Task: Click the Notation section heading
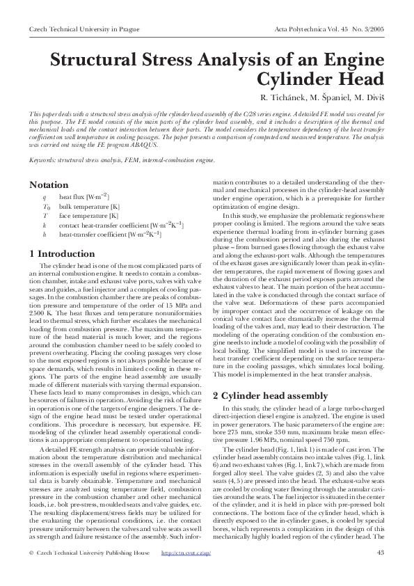(x=49, y=185)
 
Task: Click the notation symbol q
(x=45, y=198)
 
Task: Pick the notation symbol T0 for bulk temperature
(x=47, y=207)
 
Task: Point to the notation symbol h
(x=45, y=234)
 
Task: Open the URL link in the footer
(x=186, y=573)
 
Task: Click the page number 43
(x=380, y=573)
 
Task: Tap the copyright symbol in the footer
(x=32, y=573)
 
